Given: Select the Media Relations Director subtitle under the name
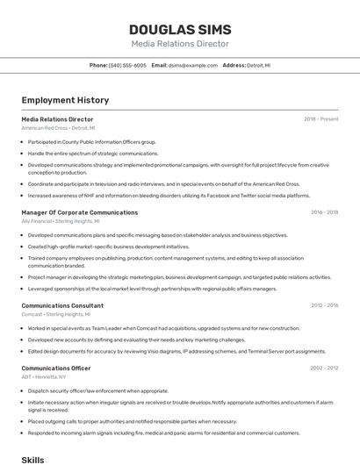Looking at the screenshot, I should pyautogui.click(x=180, y=44).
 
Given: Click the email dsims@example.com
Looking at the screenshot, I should pyautogui.click(x=193, y=65).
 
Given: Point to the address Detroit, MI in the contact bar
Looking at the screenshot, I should pyautogui.click(x=258, y=65).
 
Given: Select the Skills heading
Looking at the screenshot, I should pyautogui.click(x=32, y=459).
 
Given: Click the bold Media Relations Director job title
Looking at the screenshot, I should pyautogui.click(x=57, y=118).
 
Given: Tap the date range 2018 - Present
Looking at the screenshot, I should pyautogui.click(x=320, y=118).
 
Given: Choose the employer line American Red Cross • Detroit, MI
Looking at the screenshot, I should pyautogui.click(x=58, y=128).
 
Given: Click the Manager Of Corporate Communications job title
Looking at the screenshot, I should pyautogui.click(x=79, y=212).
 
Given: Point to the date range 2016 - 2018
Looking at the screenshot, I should pyautogui.click(x=324, y=212).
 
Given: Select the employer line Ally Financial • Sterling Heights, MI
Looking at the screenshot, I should pyautogui.click(x=61, y=222).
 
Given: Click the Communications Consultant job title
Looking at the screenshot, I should pyautogui.click(x=62, y=305).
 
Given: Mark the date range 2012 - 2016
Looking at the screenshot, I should pyautogui.click(x=324, y=305).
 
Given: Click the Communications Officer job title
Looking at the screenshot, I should pyautogui.click(x=56, y=368).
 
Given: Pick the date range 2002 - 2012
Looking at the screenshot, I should pyautogui.click(x=324, y=368).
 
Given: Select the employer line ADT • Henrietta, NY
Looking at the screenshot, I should pyautogui.click(x=46, y=377).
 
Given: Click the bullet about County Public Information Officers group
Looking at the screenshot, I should pyautogui.click(x=91, y=141).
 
